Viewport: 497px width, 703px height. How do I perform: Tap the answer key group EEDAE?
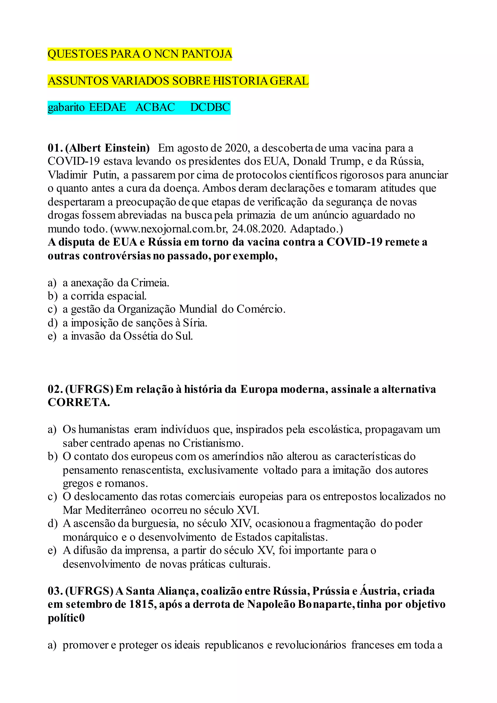coord(108,108)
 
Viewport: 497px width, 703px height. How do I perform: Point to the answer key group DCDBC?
coord(210,108)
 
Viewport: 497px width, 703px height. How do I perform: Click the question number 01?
coord(55,148)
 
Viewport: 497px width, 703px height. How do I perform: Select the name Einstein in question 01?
coord(127,148)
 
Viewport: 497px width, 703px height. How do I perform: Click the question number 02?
coord(55,389)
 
